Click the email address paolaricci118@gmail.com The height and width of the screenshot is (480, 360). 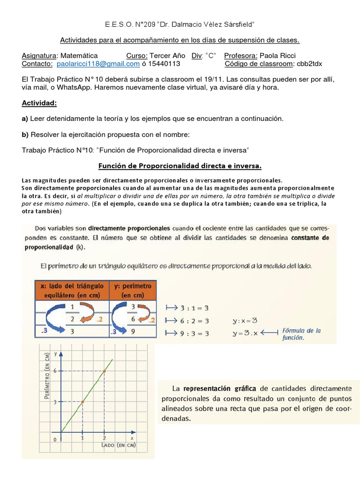point(98,64)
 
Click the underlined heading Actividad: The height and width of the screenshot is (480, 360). point(39,103)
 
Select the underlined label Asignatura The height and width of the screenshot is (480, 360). point(38,55)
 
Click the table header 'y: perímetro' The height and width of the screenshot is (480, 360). point(133,290)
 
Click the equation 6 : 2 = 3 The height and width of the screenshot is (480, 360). point(195,321)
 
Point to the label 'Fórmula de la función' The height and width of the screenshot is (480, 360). point(302,334)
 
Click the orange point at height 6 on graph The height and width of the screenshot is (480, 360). point(104,371)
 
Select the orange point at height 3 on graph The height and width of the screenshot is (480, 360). point(82,402)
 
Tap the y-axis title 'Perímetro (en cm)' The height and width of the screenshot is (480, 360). point(47,383)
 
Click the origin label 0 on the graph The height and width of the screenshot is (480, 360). point(55,439)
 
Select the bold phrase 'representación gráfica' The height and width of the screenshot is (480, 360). point(219,388)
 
